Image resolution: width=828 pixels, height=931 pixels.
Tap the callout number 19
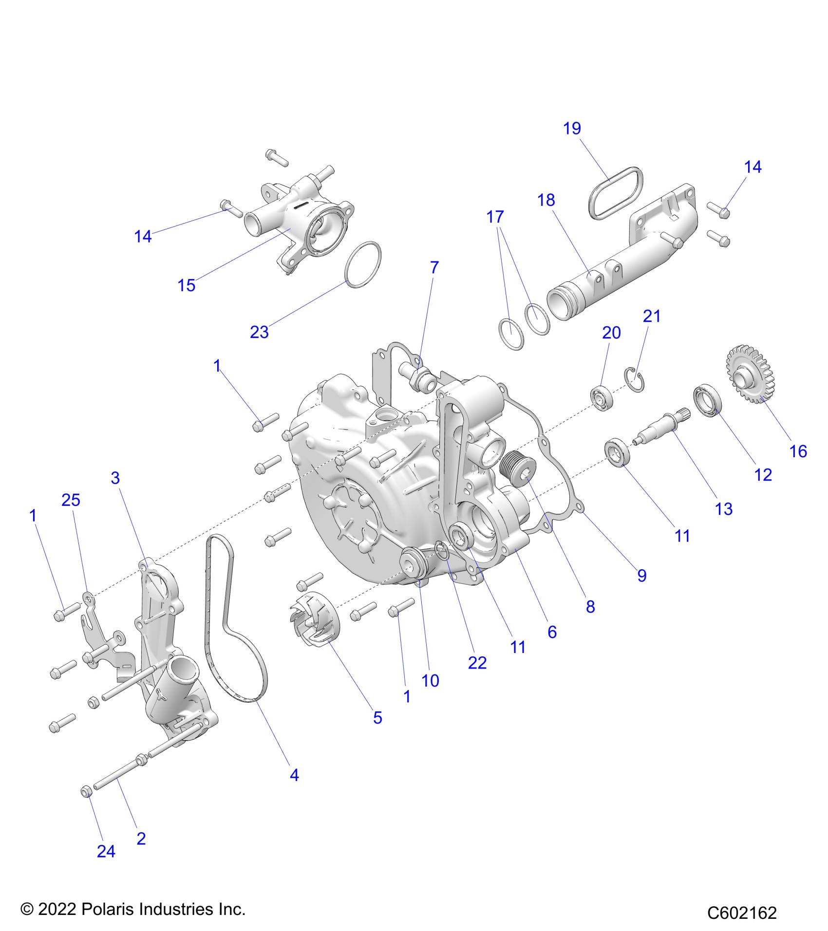click(572, 129)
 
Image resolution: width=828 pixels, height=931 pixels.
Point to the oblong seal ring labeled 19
click(616, 192)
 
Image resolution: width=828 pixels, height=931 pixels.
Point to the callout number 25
click(71, 500)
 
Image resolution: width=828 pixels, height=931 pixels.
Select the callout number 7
click(434, 267)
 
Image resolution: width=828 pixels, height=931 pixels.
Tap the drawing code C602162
click(742, 912)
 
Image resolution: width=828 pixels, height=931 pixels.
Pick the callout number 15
click(187, 285)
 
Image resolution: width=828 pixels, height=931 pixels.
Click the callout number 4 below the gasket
click(294, 775)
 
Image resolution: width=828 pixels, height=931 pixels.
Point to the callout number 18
click(546, 200)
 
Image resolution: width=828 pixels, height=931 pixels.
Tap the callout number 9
click(642, 576)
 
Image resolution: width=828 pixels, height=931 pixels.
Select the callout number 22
click(477, 663)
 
